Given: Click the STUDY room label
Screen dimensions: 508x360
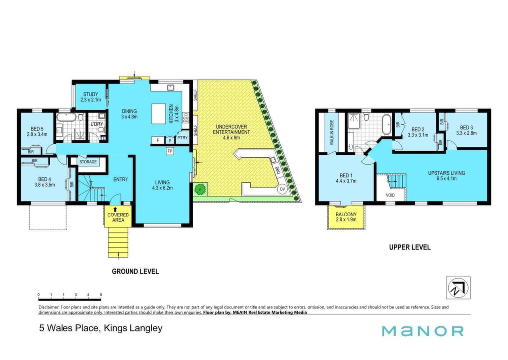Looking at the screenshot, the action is click(x=90, y=94).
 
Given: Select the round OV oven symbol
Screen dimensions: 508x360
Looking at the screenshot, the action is click(x=282, y=189).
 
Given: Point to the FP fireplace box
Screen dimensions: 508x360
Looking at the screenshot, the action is click(x=170, y=151).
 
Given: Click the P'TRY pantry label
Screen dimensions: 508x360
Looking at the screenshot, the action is click(x=183, y=138).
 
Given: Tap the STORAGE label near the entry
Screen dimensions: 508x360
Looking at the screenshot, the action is click(x=88, y=162).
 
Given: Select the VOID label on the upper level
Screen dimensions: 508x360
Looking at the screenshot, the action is click(x=390, y=195).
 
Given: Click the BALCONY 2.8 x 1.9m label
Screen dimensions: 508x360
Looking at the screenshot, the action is click(x=346, y=217).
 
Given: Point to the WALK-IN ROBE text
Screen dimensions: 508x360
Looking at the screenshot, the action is click(x=332, y=133).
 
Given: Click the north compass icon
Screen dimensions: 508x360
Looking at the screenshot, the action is click(x=458, y=288).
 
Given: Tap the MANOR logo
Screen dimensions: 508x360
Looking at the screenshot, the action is click(x=423, y=331).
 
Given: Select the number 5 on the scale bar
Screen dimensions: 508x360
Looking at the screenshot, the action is click(x=101, y=295).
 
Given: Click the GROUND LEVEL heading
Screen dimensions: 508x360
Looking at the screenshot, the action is click(x=135, y=271).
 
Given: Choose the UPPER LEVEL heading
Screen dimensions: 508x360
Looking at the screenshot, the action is click(x=410, y=247).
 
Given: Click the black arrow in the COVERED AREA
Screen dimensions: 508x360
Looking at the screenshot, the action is click(x=115, y=209).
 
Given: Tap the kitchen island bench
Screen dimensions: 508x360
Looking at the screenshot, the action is click(x=159, y=114).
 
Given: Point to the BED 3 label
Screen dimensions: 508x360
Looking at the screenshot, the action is click(x=466, y=128).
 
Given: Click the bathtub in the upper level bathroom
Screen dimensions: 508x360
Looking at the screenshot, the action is click(x=387, y=124).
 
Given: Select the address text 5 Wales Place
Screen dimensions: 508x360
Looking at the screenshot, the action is click(x=68, y=328).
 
